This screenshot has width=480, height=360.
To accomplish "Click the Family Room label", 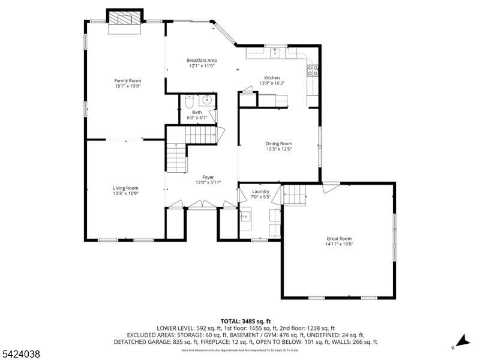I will tap(127, 80).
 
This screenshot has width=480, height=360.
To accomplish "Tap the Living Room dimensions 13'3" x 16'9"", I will tap(126, 193).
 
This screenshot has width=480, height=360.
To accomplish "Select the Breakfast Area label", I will tap(202, 60).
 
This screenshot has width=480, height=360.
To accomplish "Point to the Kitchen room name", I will tap(272, 77).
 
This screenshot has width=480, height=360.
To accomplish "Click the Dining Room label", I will tap(279, 143).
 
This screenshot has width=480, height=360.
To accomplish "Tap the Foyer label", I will tap(208, 177).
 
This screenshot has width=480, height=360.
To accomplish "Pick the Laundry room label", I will tap(260, 191).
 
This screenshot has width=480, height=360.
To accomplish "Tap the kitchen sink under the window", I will tap(276, 54).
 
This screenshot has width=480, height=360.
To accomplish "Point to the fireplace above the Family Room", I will tap(125, 19).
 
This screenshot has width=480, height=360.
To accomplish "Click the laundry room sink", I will tap(246, 217).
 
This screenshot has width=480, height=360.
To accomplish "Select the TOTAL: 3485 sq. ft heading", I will tap(245, 321).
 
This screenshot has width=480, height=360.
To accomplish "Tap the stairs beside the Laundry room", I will tap(294, 194).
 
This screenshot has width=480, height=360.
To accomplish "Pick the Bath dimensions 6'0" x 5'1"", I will tap(197, 118).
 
